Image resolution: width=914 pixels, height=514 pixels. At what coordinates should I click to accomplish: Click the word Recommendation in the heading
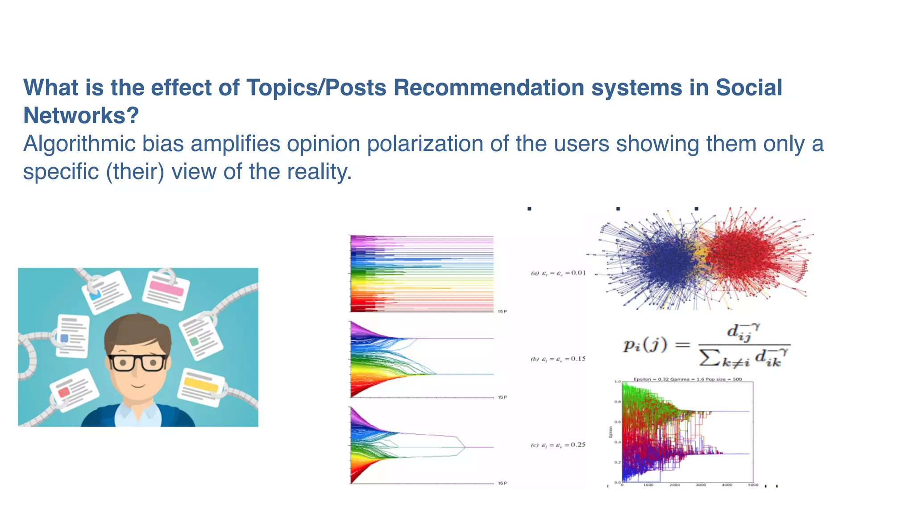[489, 87]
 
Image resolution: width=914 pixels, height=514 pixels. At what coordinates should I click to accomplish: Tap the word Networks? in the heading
[81, 116]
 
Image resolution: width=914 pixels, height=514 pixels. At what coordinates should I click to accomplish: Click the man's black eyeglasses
[137, 363]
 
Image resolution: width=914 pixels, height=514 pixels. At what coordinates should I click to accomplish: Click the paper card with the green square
[200, 338]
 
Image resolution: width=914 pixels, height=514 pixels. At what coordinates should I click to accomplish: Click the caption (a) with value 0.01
[558, 273]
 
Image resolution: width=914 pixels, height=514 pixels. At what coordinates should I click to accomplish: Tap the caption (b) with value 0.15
[558, 359]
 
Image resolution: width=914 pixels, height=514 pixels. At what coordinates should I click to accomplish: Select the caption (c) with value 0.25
[558, 445]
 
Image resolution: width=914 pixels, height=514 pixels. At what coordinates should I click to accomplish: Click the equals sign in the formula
[682, 345]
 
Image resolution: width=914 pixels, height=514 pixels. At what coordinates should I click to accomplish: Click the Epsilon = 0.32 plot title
[687, 379]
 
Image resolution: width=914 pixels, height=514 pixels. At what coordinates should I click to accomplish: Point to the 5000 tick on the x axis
[753, 485]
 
